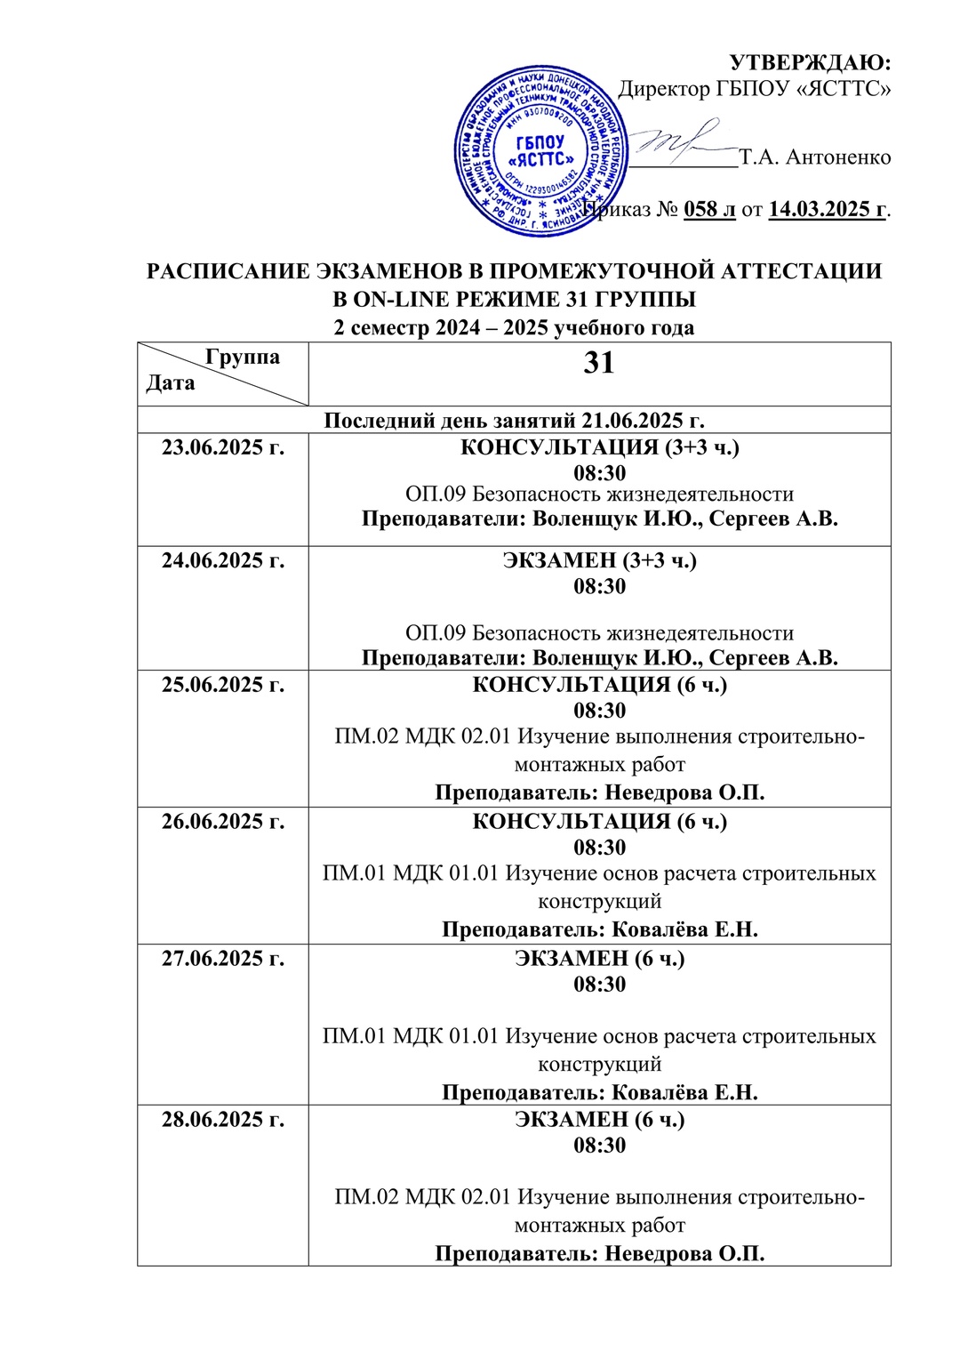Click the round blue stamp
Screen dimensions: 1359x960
coord(540,151)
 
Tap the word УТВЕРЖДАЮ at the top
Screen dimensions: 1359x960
coord(810,62)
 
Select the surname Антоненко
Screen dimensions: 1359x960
coord(838,157)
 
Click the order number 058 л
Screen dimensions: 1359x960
coord(709,210)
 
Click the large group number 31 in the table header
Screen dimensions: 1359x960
coord(599,363)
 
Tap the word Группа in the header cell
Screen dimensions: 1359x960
coord(242,357)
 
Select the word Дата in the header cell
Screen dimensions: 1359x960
coord(170,383)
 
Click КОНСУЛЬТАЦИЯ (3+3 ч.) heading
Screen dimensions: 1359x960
coord(599,447)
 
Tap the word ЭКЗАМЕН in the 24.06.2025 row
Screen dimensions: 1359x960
coord(559,560)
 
